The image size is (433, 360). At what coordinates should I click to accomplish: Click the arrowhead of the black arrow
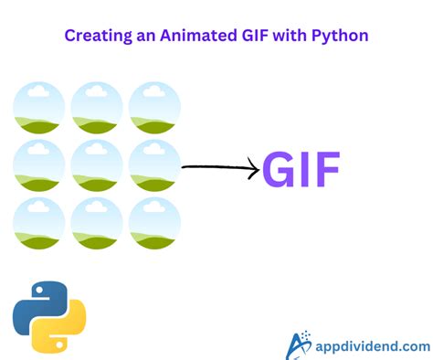pyautogui.click(x=252, y=168)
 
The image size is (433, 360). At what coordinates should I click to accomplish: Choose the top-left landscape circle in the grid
pyautogui.click(x=39, y=107)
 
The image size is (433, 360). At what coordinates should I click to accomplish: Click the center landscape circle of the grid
pyautogui.click(x=97, y=165)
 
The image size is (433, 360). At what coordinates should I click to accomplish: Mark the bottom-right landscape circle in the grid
pyautogui.click(x=154, y=223)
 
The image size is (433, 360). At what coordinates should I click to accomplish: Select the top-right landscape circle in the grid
pyautogui.click(x=154, y=107)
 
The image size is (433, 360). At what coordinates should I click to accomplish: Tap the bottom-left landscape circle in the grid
pyautogui.click(x=39, y=223)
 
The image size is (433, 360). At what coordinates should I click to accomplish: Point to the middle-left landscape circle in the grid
pyautogui.click(x=39, y=165)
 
